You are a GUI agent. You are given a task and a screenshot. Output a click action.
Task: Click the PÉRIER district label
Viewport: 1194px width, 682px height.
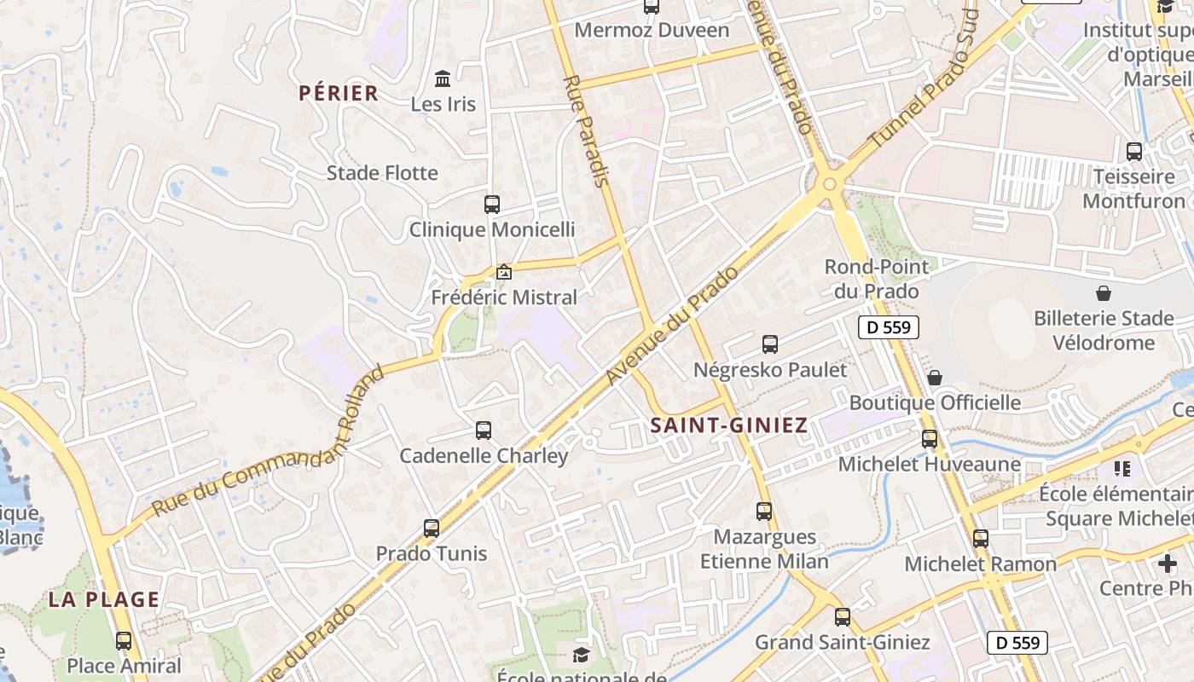pos(339,93)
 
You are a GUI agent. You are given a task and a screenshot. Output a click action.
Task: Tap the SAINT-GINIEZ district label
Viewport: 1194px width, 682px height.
pos(728,425)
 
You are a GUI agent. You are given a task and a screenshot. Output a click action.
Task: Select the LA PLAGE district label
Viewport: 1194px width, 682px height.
pos(104,599)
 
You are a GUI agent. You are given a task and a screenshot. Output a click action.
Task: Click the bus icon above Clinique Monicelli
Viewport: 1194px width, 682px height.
pos(492,205)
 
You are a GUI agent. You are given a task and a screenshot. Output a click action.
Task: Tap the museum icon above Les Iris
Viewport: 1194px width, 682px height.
pos(443,79)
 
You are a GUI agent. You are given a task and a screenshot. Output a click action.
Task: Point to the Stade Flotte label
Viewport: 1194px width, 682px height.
pos(382,173)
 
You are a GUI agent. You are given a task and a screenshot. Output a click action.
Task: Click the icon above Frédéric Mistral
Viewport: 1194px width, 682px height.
pos(504,273)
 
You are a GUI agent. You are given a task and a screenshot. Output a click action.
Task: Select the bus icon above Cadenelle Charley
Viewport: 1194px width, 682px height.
pos(484,431)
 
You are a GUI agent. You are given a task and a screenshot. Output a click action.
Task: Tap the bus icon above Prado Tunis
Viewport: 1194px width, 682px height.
pos(432,529)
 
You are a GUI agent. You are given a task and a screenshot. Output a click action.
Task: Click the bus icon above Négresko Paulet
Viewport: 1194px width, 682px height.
pos(770,344)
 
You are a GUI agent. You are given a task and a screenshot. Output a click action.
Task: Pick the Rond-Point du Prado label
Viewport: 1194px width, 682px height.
pos(877,279)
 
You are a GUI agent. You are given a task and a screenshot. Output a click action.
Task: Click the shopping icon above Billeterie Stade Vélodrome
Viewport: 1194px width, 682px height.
pos(1104,293)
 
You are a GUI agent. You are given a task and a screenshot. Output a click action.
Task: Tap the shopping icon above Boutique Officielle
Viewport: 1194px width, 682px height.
pos(935,377)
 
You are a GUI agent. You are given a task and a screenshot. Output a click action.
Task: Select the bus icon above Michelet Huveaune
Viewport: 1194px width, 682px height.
pos(930,439)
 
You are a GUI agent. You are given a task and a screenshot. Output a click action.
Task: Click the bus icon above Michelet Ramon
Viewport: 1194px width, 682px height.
pos(981,539)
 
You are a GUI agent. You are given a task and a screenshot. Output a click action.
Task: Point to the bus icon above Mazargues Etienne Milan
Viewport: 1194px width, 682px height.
pos(764,511)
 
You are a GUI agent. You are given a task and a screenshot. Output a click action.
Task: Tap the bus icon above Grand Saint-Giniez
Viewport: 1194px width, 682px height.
pos(843,617)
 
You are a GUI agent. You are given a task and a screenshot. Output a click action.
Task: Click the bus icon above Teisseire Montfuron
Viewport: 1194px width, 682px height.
pos(1134,152)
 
